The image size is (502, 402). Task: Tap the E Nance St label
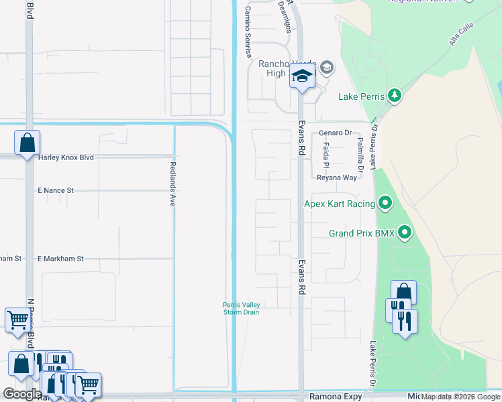64,190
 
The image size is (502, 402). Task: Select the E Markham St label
60,258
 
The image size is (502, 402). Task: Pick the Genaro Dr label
335,133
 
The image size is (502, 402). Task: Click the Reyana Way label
337,178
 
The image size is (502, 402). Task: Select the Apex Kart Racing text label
339,203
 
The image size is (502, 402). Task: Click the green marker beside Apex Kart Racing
385,202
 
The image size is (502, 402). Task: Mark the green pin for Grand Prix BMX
405,232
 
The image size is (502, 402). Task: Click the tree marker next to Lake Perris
395,96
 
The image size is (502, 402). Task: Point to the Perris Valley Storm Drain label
241,308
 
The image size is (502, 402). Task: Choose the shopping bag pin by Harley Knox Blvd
27,143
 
